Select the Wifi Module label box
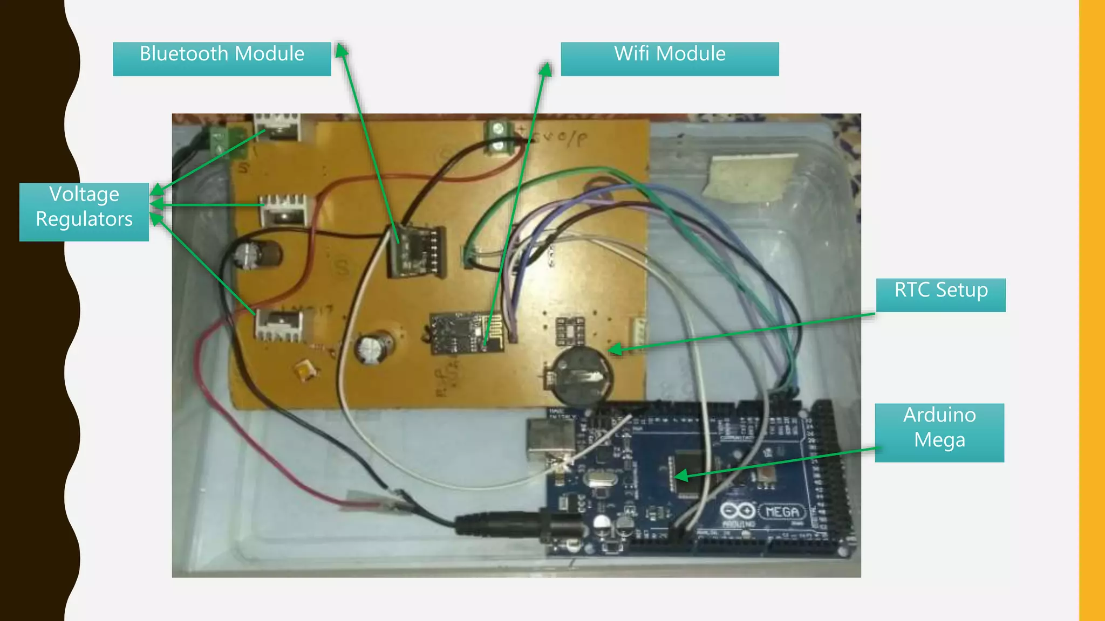[x=670, y=59]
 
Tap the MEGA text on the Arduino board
[x=782, y=511]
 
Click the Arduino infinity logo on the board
[x=738, y=510]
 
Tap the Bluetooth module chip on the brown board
[x=417, y=251]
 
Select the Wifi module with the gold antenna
[x=467, y=333]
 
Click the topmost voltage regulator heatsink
[x=277, y=127]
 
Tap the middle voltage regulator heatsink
[x=284, y=209]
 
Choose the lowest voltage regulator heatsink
[x=278, y=325]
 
